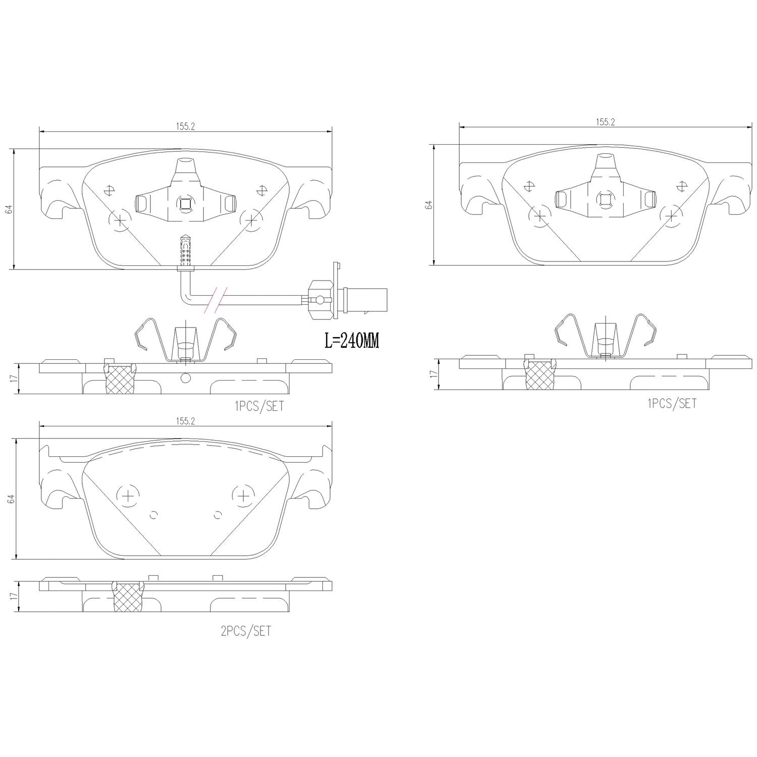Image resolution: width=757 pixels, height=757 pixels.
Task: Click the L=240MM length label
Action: [x=351, y=341]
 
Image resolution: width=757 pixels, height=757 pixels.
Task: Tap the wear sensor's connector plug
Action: [x=363, y=295]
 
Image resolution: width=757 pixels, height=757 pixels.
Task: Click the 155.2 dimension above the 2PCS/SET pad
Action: [x=186, y=421]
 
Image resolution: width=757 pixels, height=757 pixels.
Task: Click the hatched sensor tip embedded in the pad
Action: [x=185, y=250]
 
